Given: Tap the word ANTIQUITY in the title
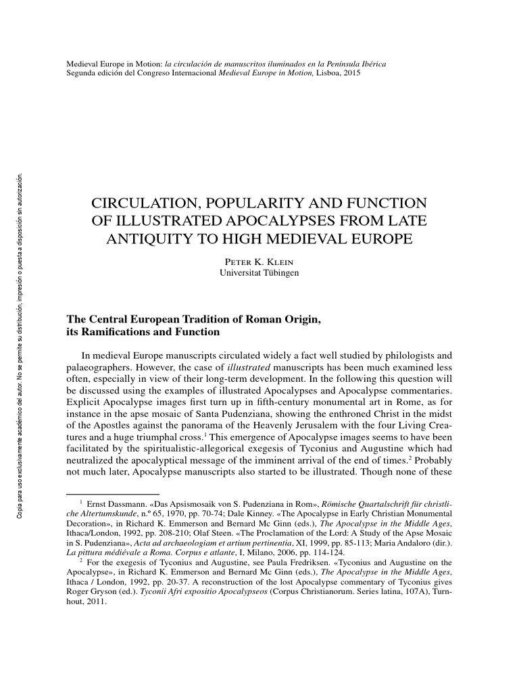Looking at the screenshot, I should [153, 239].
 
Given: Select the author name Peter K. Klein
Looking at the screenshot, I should [259, 261].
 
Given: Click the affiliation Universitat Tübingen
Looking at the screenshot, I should [259, 273].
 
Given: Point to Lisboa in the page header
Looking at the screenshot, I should [332, 73].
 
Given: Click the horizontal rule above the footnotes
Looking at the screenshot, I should [112, 494].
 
